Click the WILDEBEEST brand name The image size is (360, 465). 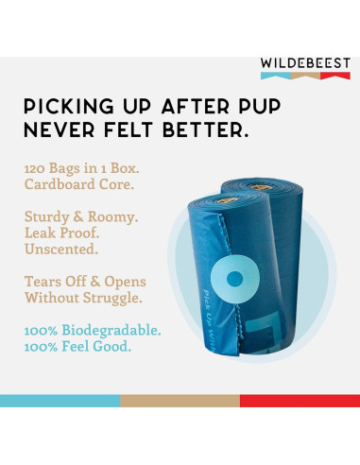(305, 63)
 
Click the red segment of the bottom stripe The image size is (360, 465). (300, 401)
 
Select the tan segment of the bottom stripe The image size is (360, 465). (180, 401)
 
